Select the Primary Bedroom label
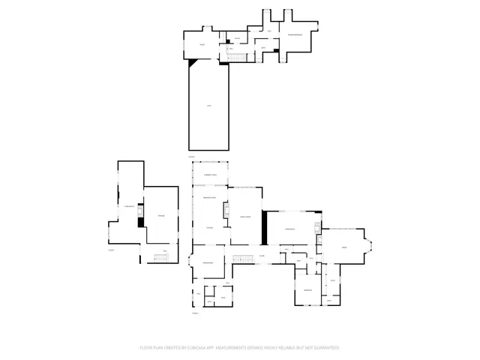(x=295, y=34)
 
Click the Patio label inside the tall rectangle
(x=209, y=105)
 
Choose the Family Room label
(x=244, y=217)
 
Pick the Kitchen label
(x=210, y=227)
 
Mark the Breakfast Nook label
(x=210, y=197)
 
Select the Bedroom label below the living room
(x=307, y=289)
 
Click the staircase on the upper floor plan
(x=238, y=59)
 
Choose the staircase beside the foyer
(x=241, y=259)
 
